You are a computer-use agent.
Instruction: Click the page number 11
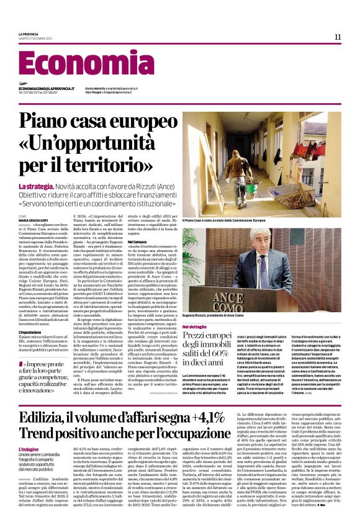(338, 37)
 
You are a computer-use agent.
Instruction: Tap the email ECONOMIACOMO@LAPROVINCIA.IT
(47, 89)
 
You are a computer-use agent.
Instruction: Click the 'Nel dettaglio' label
(194, 326)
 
